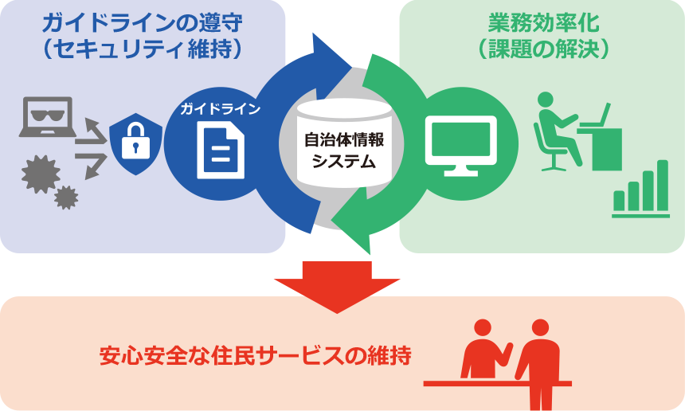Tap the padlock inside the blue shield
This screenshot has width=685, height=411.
coord(135,141)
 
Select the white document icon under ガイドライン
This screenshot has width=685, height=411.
coord(221,151)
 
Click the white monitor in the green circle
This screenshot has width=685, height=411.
coord(461,146)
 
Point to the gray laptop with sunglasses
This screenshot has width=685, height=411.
coord(48,116)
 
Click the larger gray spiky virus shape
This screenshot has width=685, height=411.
coord(41,174)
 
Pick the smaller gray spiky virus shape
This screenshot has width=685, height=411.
coord(66,198)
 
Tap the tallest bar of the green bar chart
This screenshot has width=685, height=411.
coord(663,186)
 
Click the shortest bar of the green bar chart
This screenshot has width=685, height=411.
coord(619,201)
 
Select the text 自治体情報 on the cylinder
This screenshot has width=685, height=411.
coord(344,139)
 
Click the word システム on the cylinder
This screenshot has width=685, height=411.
coord(344,162)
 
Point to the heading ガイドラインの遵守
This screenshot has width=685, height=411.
coord(143,23)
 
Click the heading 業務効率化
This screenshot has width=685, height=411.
coord(543,23)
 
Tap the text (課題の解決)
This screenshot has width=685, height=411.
coord(543,49)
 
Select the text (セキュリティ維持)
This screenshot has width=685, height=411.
coord(143,49)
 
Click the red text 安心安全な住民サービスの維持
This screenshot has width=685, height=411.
coord(256,355)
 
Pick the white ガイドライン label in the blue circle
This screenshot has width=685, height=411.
coord(221,109)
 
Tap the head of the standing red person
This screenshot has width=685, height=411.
coord(540,327)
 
